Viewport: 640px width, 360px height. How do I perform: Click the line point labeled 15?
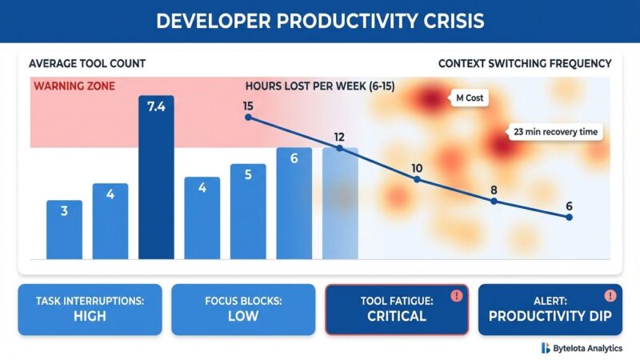248,118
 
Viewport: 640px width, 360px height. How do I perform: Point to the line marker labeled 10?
417,180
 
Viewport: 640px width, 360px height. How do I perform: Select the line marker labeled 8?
494,202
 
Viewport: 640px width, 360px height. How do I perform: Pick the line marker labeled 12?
339,147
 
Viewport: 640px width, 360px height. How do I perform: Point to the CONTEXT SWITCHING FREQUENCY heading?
525,63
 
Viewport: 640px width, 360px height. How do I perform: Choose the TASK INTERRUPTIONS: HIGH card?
90,309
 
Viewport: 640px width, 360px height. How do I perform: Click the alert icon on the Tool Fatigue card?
457,295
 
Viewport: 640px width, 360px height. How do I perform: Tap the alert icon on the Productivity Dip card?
610,295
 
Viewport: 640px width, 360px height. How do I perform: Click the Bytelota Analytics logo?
546,347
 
